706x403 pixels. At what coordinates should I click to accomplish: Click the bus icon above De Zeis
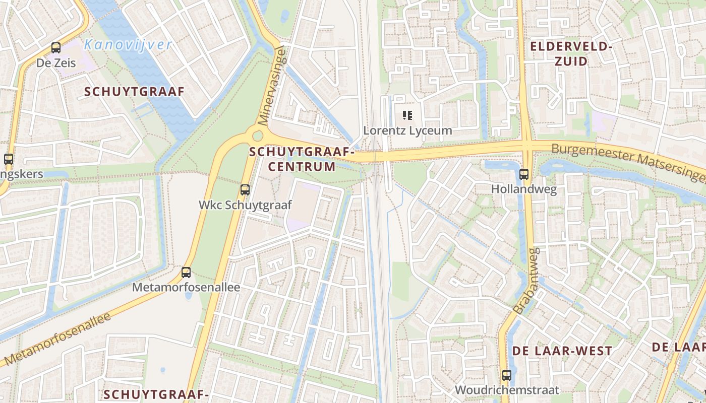coord(56,48)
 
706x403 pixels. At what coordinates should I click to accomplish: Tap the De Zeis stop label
coord(56,63)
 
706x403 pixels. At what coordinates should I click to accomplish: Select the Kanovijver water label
coord(128,45)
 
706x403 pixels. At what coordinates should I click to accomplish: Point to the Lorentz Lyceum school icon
coord(407,115)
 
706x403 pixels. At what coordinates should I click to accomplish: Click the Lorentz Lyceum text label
coord(407,130)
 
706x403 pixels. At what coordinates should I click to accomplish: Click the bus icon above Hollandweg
coord(524,174)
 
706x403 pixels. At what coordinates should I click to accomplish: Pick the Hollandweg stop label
coord(524,189)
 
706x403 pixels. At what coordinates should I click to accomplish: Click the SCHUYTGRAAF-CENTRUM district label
coord(302,159)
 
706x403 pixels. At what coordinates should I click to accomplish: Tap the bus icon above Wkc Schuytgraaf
coord(245,190)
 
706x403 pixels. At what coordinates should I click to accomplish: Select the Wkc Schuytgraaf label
coord(245,205)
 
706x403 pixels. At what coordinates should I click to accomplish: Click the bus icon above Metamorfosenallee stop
coord(186,273)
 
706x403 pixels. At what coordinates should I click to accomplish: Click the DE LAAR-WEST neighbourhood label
coord(562,351)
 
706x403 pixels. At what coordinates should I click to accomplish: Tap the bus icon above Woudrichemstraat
coord(507,375)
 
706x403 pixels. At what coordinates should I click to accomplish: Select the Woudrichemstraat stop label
coord(507,390)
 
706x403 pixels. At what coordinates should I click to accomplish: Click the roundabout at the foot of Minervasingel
coord(258,136)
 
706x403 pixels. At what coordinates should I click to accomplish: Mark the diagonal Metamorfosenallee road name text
coord(56,339)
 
